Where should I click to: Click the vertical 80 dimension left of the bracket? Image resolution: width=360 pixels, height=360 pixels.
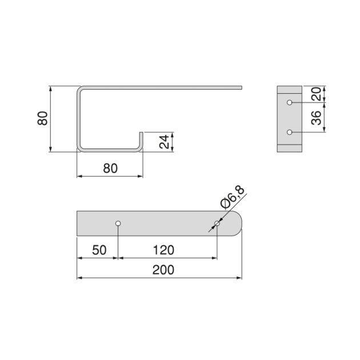click(42, 119)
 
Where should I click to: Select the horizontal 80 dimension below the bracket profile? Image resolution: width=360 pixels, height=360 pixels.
click(110, 168)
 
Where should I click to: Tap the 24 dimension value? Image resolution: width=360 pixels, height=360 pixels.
click(165, 142)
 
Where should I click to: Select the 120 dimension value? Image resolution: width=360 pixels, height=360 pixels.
click(163, 250)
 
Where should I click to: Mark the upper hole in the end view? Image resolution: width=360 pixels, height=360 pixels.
click(290, 103)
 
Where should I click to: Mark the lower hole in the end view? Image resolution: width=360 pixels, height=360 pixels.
click(290, 133)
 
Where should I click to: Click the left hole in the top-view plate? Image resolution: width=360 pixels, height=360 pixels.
click(118, 223)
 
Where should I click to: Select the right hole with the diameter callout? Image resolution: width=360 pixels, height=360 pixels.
click(217, 223)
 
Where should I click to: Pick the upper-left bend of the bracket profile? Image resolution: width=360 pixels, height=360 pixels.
click(79, 90)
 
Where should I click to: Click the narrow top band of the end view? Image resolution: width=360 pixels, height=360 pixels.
click(289, 90)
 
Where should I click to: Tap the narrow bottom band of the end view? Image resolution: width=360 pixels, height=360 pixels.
click(289, 149)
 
